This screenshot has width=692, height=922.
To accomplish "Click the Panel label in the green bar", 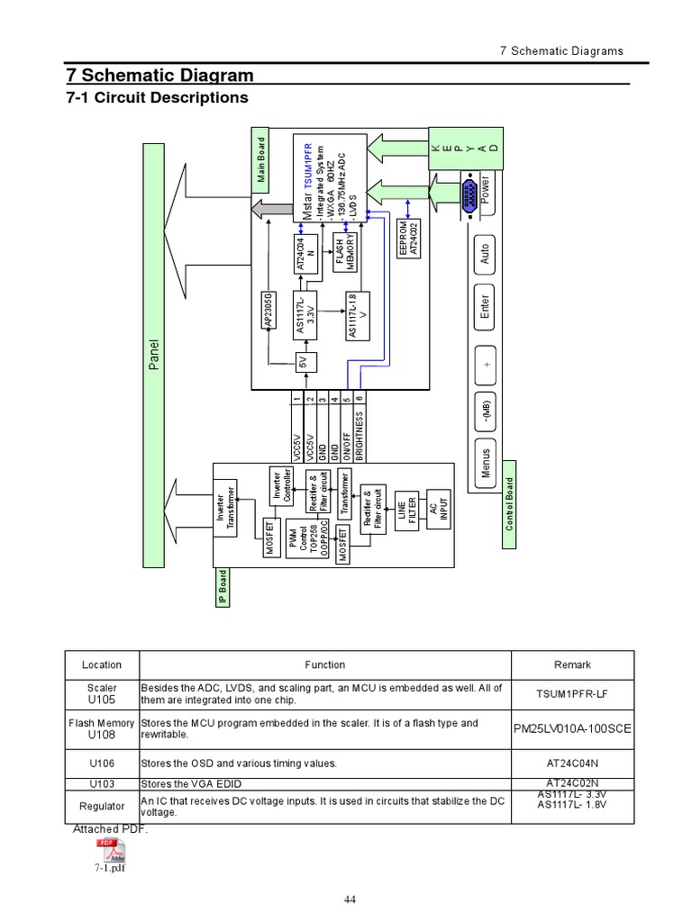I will point(153,355).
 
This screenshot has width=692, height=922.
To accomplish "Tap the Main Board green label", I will point(261,160).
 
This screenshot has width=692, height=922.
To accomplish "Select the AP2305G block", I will point(269,311).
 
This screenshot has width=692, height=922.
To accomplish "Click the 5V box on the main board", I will point(304,362).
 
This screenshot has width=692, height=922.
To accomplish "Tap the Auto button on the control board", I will point(485,254).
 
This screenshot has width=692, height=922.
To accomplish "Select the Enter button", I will point(485,306).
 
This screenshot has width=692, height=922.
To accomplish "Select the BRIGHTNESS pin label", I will point(359,436).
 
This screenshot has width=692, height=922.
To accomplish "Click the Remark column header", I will point(572,664).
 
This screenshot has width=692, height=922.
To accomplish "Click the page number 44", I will point(351,899).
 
